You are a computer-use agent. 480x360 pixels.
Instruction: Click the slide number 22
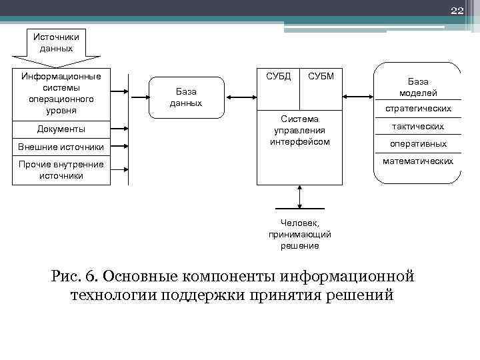click(456, 10)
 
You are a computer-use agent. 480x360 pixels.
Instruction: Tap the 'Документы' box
click(61, 129)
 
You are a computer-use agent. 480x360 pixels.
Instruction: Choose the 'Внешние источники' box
click(61, 147)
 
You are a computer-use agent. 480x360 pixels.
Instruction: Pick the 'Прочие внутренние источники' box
click(61, 170)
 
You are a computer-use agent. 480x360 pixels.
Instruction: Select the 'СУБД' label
click(278, 77)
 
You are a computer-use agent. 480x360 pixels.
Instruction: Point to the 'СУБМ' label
click(321, 77)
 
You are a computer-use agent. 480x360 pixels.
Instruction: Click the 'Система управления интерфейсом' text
click(299, 130)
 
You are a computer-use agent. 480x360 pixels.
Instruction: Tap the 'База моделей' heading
click(418, 87)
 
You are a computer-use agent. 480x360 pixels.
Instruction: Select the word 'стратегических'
click(418, 108)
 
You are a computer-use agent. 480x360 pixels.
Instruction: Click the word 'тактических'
click(418, 126)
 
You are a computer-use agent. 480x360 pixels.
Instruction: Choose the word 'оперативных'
click(418, 143)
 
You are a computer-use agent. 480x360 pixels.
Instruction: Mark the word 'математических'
click(418, 161)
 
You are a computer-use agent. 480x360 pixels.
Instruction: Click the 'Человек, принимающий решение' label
click(299, 235)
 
